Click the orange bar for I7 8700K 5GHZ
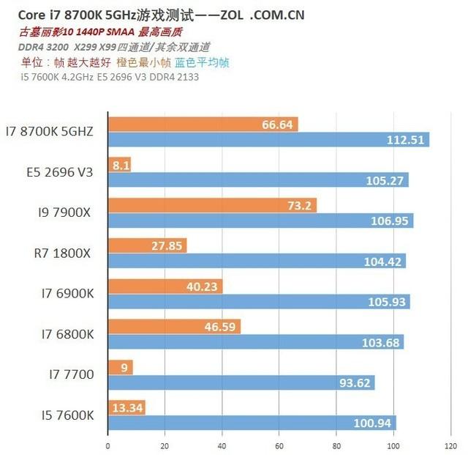203,125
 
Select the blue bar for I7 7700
241,382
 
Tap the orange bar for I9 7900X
212,205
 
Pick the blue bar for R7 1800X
256,261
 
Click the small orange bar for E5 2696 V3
120,165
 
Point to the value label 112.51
409,140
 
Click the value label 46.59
221,327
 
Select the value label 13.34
127,407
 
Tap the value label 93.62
355,382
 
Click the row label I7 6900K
67,294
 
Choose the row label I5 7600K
67,415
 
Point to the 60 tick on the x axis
279,445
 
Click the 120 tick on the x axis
451,445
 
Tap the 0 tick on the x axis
107,445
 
